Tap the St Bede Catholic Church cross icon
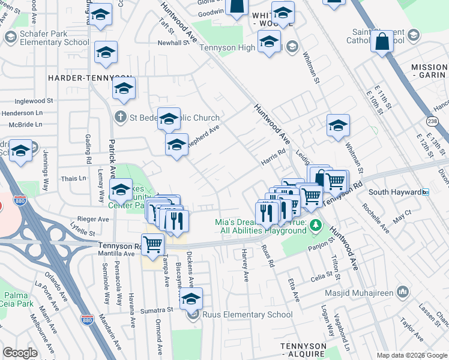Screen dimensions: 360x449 (121, 117)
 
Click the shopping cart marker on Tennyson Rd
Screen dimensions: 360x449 (153, 243)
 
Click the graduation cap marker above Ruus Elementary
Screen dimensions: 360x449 (191, 298)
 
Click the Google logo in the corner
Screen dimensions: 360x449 (20, 353)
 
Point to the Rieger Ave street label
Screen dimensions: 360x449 (92, 219)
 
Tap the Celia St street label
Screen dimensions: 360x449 (322, 278)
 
